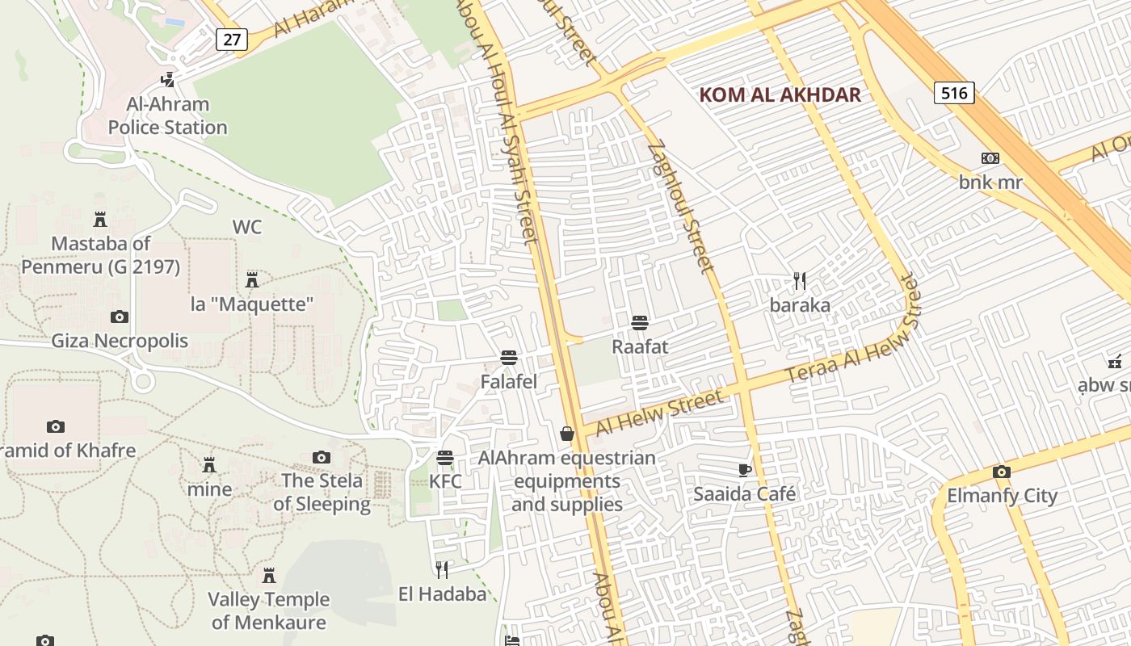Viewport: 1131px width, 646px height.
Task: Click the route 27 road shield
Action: pyautogui.click(x=231, y=39)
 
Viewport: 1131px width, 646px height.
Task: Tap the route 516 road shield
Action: pyautogui.click(x=954, y=93)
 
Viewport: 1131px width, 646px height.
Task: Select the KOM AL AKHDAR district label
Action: pyautogui.click(x=780, y=95)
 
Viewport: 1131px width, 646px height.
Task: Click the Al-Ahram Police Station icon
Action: pyautogui.click(x=167, y=79)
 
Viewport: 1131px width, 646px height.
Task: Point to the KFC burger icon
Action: pyautogui.click(x=444, y=458)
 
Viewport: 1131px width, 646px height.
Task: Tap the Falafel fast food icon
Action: pyautogui.click(x=508, y=357)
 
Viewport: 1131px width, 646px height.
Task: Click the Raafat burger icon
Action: pyautogui.click(x=640, y=323)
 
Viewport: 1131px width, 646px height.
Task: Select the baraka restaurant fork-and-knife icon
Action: pyautogui.click(x=800, y=281)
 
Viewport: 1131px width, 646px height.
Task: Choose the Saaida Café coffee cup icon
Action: pyautogui.click(x=745, y=470)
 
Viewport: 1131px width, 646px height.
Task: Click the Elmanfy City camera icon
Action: pyautogui.click(x=1001, y=472)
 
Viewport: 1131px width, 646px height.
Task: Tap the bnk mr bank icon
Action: pyautogui.click(x=990, y=158)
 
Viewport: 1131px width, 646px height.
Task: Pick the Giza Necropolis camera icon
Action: pyautogui.click(x=120, y=317)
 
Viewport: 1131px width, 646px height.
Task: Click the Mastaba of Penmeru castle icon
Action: pyautogui.click(x=100, y=219)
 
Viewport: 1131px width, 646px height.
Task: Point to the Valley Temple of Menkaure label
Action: pyautogui.click(x=269, y=610)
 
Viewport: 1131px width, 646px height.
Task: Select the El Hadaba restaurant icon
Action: pyautogui.click(x=442, y=570)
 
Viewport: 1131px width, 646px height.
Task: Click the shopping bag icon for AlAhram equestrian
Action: pyautogui.click(x=567, y=434)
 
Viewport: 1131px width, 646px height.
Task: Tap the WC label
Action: pyautogui.click(x=247, y=227)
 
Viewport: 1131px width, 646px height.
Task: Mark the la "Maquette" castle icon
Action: pyautogui.click(x=252, y=280)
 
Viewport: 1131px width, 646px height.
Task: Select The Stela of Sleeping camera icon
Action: pyautogui.click(x=322, y=457)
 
